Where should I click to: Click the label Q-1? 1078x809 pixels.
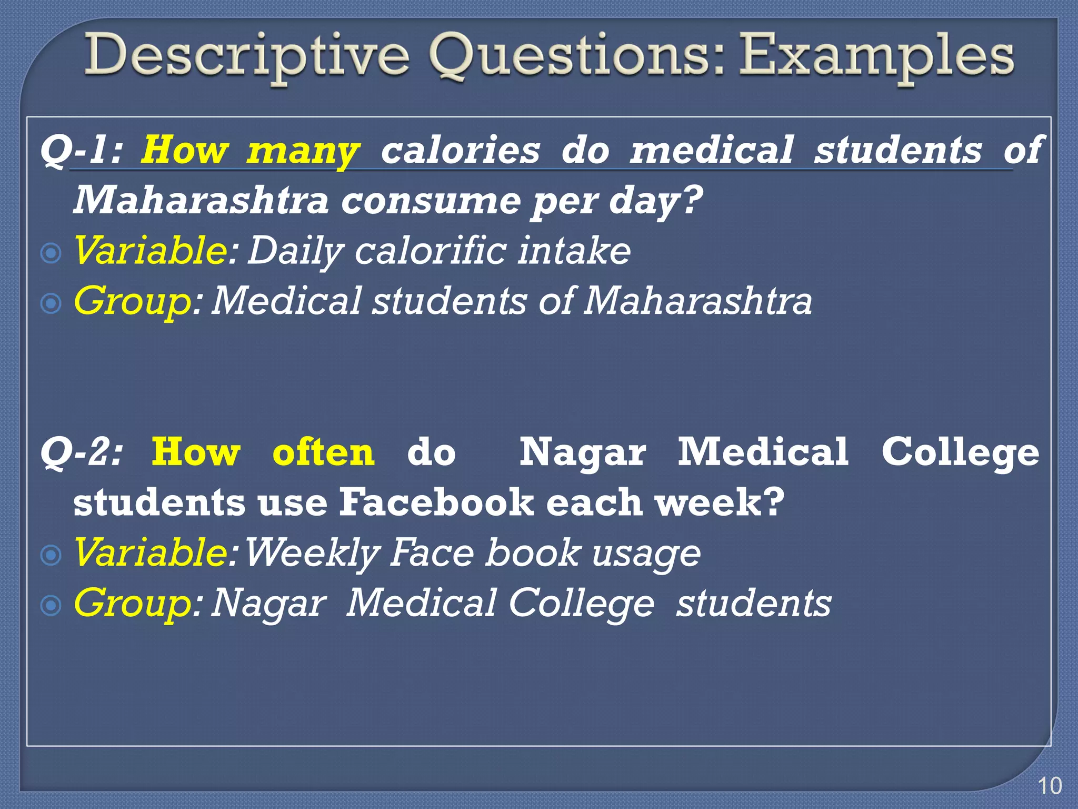82,150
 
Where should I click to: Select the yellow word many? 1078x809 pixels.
303,152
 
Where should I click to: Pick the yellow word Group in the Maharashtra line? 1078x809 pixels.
132,301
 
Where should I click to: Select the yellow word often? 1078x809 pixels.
323,452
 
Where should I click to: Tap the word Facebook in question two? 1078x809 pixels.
436,502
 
